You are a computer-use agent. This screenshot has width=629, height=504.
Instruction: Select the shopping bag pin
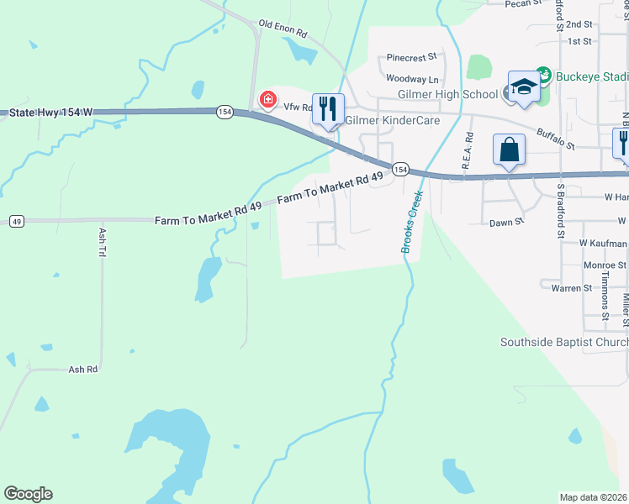(x=509, y=150)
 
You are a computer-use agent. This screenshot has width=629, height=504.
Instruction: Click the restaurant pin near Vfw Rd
(x=328, y=108)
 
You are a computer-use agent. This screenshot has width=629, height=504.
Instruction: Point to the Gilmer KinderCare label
(x=382, y=120)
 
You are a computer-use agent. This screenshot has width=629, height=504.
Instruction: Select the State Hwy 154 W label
(x=50, y=111)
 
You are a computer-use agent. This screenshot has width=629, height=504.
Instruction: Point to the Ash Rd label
(x=83, y=369)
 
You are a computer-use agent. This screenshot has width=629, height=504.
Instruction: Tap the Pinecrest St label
(x=412, y=58)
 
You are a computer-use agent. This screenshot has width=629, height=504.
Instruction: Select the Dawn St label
(x=507, y=223)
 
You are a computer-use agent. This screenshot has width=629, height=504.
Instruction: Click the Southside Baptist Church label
(x=563, y=342)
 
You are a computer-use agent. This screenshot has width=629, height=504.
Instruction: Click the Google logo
(x=28, y=494)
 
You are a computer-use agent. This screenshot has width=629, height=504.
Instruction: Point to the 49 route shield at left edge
(x=16, y=221)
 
